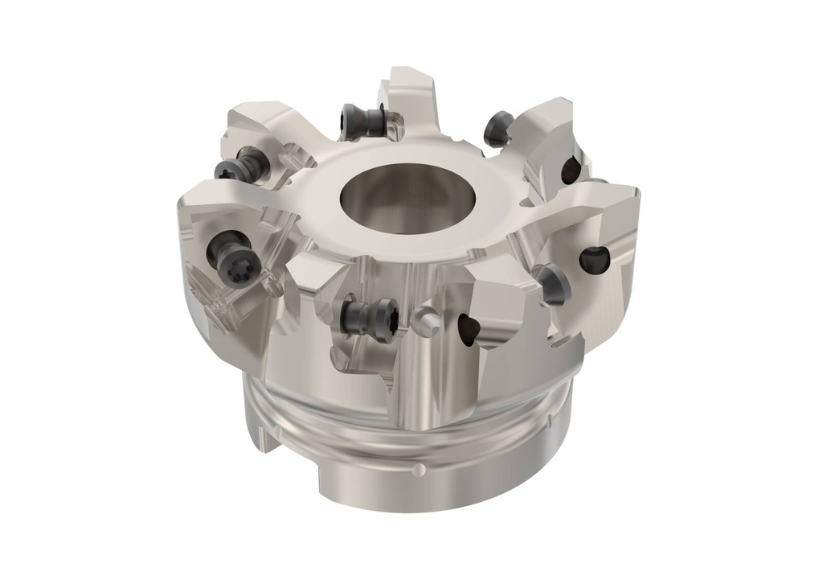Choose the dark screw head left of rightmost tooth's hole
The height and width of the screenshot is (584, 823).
[x=552, y=282]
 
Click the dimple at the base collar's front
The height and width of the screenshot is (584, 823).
[x=415, y=469]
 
